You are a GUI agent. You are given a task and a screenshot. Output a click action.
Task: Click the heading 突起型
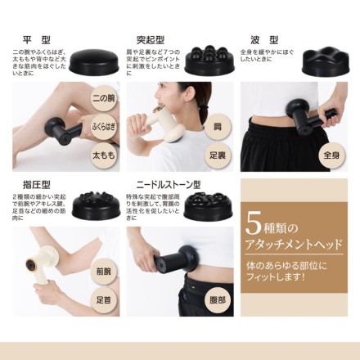(151, 38)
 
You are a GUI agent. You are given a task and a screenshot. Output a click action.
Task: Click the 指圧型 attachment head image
(96, 205)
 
